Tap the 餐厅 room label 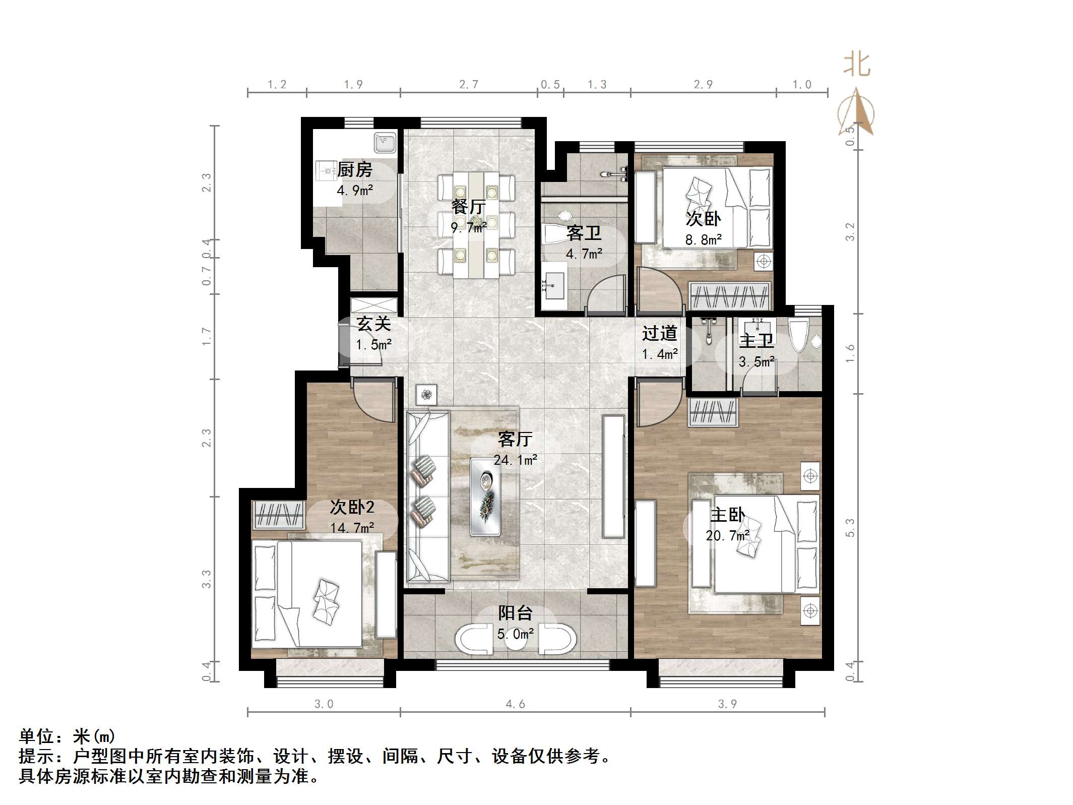pos(468,207)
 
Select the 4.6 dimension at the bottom pos(515,704)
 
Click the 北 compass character pos(857,66)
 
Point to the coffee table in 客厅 pos(485,497)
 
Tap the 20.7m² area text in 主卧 pos(727,535)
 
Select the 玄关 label pos(373,324)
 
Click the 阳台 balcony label pos(515,613)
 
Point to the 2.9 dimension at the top pos(703,84)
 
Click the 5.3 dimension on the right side pos(850,528)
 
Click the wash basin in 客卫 pos(554,287)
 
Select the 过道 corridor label pos(659,333)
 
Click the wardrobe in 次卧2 pos(278,515)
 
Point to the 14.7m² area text pos(352,528)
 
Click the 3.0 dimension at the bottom pos(324,704)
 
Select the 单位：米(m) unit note pos(67,736)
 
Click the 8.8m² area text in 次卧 pos(703,240)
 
